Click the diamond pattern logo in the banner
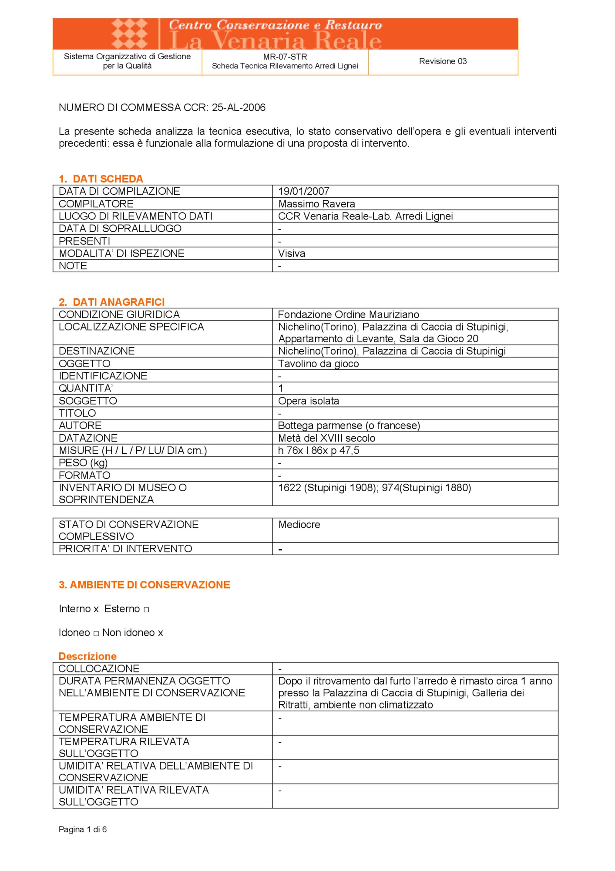129,34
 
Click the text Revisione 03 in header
443,61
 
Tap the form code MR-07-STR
285,57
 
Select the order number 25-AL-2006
239,108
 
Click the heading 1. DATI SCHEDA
101,179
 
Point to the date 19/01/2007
304,191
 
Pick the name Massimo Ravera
316,204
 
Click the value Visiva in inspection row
292,253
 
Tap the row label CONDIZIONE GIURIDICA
119,314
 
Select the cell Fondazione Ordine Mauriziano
348,314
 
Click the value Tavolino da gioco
318,364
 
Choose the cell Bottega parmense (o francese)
349,425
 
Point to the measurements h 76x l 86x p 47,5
319,450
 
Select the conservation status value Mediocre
299,525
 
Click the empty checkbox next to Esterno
146,610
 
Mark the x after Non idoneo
161,633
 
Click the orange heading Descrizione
87,656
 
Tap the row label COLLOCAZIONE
99,668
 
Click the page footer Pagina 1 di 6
83,830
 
